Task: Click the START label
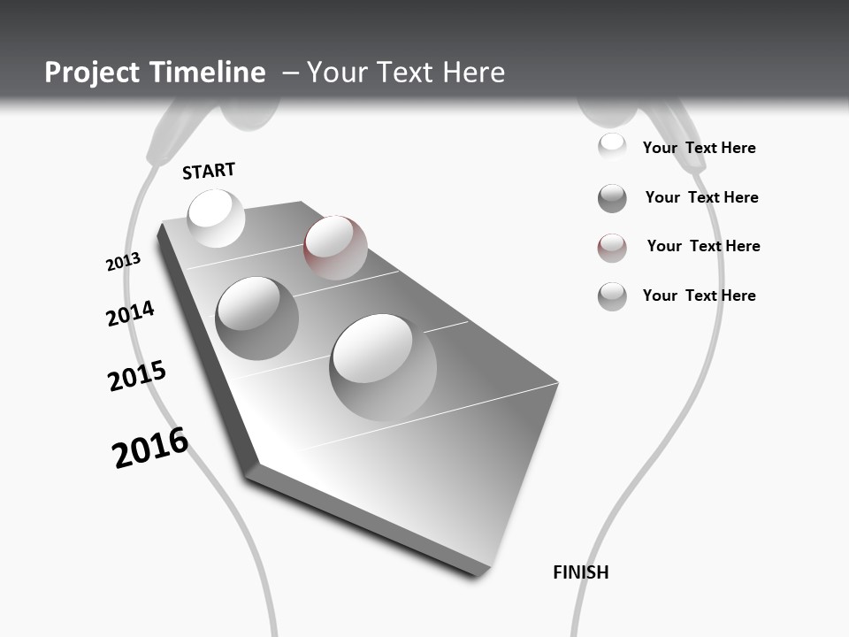coord(209,171)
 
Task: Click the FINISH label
coord(580,572)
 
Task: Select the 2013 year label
coord(124,262)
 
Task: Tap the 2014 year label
coord(130,313)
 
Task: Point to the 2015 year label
coord(137,375)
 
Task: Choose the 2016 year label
coord(150,448)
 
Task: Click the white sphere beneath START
coord(216,218)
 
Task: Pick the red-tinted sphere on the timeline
coord(335,247)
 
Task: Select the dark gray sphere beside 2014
coord(256,318)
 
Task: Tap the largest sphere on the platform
coord(383,367)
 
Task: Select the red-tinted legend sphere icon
coord(612,248)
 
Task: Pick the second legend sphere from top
coord(612,198)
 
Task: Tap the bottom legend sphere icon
coord(612,296)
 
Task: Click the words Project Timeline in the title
coord(155,73)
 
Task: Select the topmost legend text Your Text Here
coord(699,148)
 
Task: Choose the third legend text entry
coord(703,246)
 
